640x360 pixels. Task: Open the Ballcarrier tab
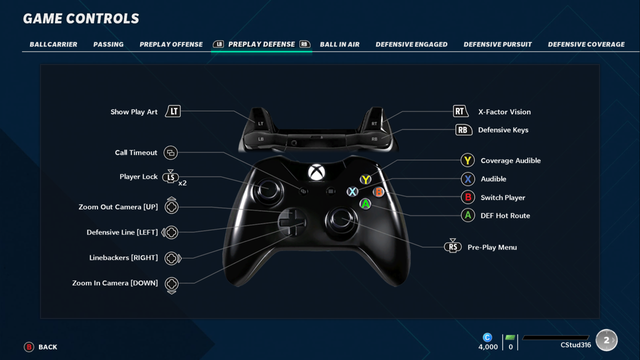click(x=53, y=44)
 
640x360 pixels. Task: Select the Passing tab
click(x=108, y=44)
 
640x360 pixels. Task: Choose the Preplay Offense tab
click(x=171, y=44)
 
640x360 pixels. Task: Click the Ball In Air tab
click(x=339, y=44)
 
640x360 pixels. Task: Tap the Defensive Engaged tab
click(x=411, y=44)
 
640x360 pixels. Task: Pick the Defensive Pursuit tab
click(x=497, y=44)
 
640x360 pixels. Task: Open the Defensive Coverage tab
click(x=586, y=44)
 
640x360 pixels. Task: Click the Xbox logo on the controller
click(x=316, y=172)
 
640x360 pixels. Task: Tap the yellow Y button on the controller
click(x=366, y=179)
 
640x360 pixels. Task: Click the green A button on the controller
click(x=365, y=204)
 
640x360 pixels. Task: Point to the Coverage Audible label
click(x=510, y=160)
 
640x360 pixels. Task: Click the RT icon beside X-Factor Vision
click(x=460, y=111)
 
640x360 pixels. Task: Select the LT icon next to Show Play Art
click(x=173, y=111)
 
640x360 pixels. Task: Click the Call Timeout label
click(x=136, y=152)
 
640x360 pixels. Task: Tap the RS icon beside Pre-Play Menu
click(x=452, y=246)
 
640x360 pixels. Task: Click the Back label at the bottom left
click(x=47, y=347)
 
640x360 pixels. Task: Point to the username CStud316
click(x=575, y=345)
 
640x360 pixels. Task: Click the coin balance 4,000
click(x=488, y=347)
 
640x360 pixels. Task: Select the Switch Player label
click(x=502, y=197)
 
